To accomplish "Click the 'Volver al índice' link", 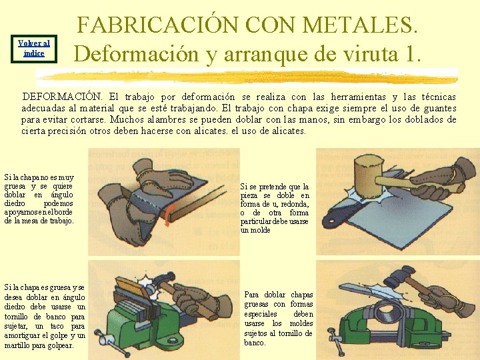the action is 34,49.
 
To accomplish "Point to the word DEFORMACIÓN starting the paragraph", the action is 62,97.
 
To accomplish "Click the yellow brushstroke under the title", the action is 248,77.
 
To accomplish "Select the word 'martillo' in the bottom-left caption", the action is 17,345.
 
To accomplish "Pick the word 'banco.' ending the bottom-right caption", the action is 255,343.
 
